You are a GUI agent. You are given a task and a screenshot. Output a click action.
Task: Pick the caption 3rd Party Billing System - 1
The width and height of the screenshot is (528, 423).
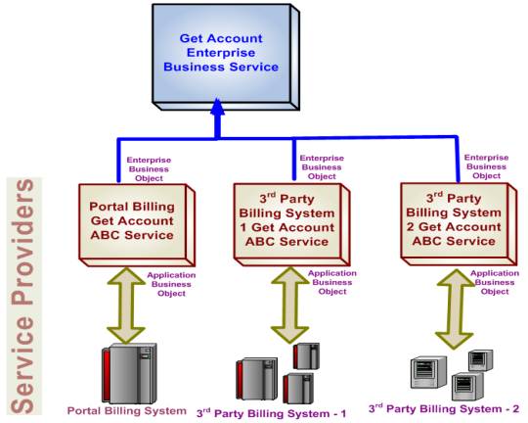pos(272,413)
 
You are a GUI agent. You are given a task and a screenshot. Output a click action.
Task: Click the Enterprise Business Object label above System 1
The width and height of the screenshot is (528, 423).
pos(321,167)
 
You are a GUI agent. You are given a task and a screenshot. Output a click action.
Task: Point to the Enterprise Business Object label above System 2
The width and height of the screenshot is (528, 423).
pos(486,165)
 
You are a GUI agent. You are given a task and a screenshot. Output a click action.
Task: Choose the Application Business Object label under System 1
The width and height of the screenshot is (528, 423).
pos(332,282)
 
